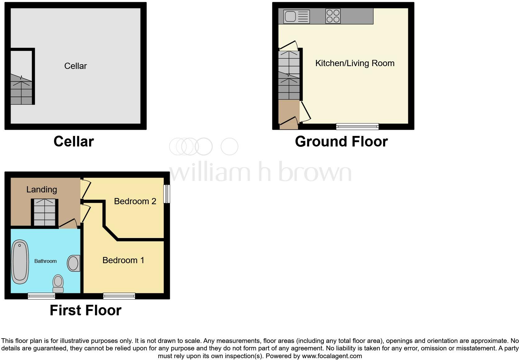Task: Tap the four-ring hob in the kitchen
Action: pyautogui.click(x=333, y=16)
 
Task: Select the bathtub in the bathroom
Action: pyautogui.click(x=20, y=262)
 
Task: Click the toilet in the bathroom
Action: pyautogui.click(x=58, y=283)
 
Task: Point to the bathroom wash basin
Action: pyautogui.click(x=74, y=263)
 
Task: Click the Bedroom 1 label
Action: pyautogui.click(x=123, y=260)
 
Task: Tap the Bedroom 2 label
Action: pyautogui.click(x=135, y=201)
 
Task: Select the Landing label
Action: pyautogui.click(x=42, y=189)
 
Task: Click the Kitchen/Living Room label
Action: pyautogui.click(x=355, y=63)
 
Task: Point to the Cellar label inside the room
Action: pyautogui.click(x=75, y=66)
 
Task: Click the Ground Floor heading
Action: pyautogui.click(x=341, y=142)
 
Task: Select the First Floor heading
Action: pyautogui.click(x=85, y=310)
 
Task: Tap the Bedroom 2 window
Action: pyautogui.click(x=167, y=194)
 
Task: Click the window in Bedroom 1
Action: pyautogui.click(x=119, y=296)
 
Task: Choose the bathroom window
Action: pyautogui.click(x=41, y=296)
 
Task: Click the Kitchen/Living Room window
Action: pyautogui.click(x=357, y=127)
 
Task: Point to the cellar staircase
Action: pyautogui.click(x=21, y=90)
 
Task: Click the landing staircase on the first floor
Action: pyautogui.click(x=45, y=212)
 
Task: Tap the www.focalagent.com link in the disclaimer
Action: pyautogui.click(x=332, y=356)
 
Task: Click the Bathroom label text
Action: pyautogui.click(x=45, y=261)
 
